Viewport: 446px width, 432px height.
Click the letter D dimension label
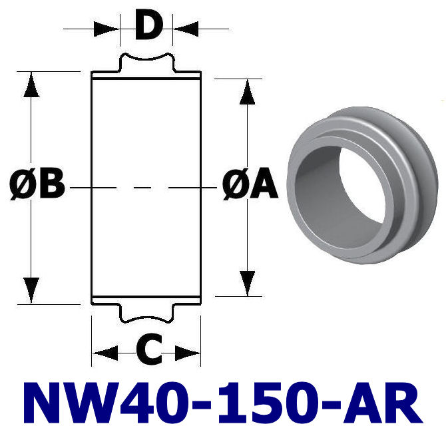pyautogui.click(x=147, y=27)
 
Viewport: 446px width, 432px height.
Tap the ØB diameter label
pyautogui.click(x=37, y=186)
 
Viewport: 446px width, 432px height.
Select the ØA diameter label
pyautogui.click(x=250, y=186)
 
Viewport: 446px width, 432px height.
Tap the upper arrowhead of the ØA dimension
pyautogui.click(x=247, y=92)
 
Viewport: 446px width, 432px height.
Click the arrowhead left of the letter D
pyautogui.click(x=107, y=29)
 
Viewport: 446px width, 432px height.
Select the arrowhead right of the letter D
pyautogui.click(x=186, y=29)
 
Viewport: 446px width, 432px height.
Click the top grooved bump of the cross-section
pyautogui.click(x=147, y=64)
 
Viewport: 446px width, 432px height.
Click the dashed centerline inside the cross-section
pyautogui.click(x=146, y=189)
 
